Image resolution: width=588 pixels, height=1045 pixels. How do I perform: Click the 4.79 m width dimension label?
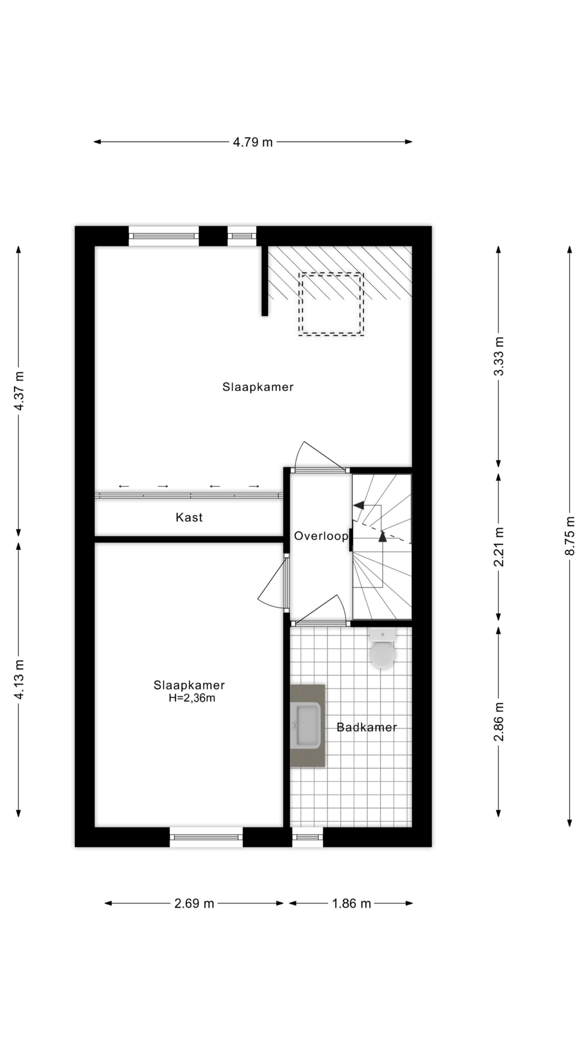coord(253,142)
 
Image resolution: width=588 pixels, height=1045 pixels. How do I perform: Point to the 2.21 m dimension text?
coord(498,547)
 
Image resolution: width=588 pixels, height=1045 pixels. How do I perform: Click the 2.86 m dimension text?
coord(498,721)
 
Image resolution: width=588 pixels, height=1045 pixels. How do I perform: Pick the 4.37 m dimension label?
coord(19,391)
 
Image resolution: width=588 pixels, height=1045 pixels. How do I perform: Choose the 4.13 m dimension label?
coord(19,679)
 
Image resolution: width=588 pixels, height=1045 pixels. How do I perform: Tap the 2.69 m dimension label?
coord(194,903)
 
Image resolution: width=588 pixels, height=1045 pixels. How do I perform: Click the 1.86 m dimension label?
coord(351,903)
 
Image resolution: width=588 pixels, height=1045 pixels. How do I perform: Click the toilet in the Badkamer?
coord(382,648)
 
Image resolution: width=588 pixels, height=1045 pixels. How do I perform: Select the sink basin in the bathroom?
coord(308,725)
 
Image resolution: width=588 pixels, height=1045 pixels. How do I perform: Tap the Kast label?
coord(189,518)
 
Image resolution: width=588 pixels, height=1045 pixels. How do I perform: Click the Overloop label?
coord(321,536)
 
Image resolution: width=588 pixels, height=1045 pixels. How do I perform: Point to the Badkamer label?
coord(367,727)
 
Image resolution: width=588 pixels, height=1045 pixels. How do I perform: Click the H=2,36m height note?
coord(192,698)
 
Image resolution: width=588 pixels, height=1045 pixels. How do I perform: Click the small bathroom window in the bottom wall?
coord(308,837)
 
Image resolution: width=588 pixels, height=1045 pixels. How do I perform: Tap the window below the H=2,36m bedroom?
coord(206,837)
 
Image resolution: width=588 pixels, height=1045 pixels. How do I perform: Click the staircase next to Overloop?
coord(382,546)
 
